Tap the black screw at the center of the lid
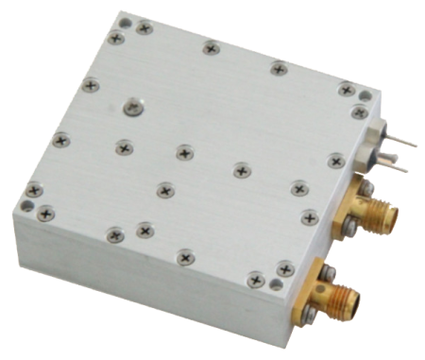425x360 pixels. pyautogui.click(x=183, y=151)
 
